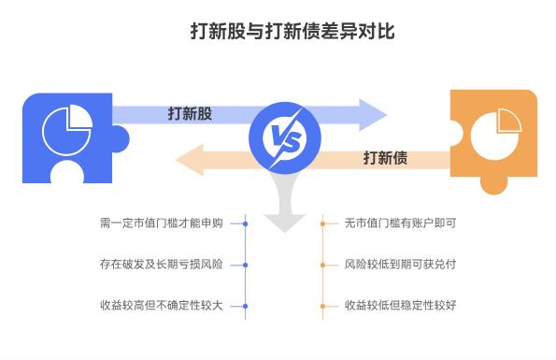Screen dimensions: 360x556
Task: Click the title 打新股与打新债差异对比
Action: coord(278,32)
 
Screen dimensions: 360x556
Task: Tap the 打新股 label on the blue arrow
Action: coord(190,113)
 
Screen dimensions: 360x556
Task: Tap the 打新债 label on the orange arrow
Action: coord(385,157)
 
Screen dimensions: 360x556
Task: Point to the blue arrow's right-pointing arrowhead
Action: coord(373,113)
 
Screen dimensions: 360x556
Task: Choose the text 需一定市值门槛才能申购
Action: coord(161,224)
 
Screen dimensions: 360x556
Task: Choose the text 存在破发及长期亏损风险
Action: coord(161,265)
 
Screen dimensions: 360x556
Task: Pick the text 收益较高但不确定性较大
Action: coord(161,306)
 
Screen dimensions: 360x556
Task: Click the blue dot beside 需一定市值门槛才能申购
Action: coord(245,224)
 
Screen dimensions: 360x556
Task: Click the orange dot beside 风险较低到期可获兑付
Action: coord(322,265)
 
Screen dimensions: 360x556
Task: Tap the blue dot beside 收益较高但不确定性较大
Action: coord(245,306)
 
